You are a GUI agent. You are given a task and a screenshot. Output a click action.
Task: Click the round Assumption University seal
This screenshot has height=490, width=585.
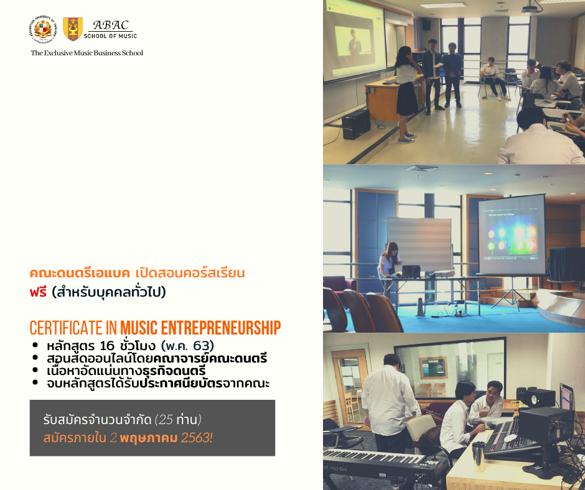pos(44,29)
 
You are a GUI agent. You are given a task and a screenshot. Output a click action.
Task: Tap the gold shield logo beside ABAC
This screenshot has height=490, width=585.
pos(73,29)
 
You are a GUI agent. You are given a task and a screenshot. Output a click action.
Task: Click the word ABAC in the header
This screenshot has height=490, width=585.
pos(111,25)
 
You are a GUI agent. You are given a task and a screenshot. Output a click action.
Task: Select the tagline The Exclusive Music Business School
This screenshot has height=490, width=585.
pos(87,53)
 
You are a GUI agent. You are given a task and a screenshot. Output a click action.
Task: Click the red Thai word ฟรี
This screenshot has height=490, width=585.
pos(38,292)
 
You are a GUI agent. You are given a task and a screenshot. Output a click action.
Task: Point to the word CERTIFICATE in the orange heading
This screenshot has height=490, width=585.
pos(66,328)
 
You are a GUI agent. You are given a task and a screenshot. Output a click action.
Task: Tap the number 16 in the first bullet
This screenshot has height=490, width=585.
pos(106,346)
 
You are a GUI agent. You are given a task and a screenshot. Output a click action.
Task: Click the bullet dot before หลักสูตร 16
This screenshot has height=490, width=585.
pos(35,345)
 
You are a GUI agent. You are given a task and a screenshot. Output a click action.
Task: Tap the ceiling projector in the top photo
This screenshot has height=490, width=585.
pos(531,9)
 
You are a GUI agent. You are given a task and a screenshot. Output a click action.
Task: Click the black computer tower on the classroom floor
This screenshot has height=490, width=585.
pos(357,124)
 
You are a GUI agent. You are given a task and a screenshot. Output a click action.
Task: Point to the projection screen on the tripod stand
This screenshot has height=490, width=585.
pos(512,235)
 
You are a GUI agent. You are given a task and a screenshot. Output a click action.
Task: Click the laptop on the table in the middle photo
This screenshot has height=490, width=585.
pos(410,271)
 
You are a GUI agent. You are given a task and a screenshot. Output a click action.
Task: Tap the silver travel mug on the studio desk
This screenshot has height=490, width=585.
pos(479,456)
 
